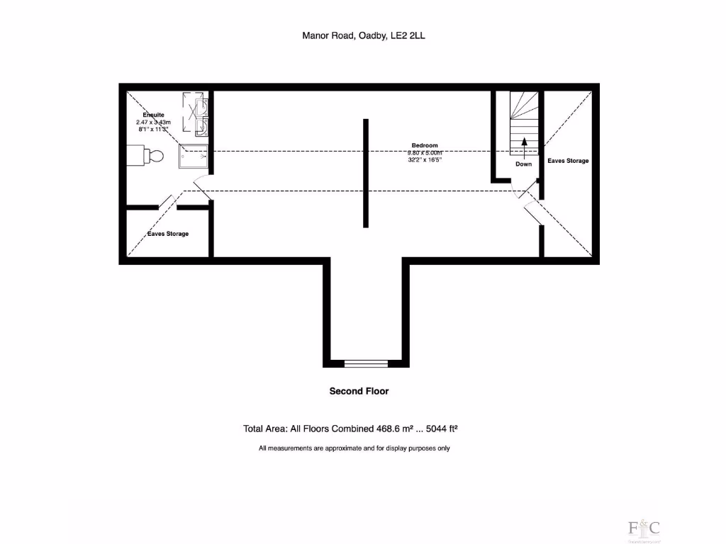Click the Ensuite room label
pos(153,115)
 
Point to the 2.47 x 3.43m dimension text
pos(153,122)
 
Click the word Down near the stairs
pos(523,164)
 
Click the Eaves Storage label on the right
pos(568,161)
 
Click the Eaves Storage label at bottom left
pos(168,234)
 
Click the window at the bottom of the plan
pos(366,363)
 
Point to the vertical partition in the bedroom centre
pos(366,173)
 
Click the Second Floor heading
pos(359,391)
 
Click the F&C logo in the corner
pos(644,528)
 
